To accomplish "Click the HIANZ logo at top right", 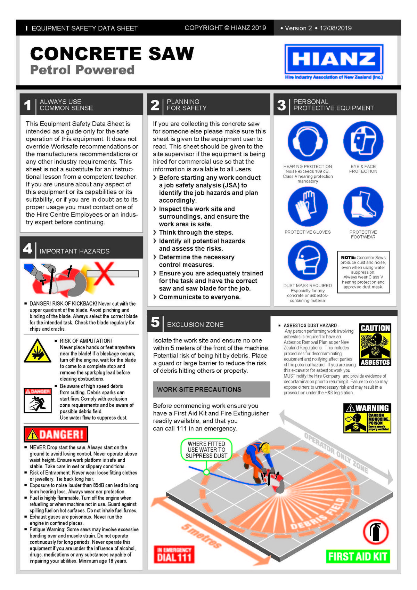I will [334, 59].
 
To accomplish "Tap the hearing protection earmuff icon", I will [308, 142].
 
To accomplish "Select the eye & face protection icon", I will [363, 142].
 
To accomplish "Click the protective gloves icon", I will [308, 207].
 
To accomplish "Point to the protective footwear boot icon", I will [363, 207].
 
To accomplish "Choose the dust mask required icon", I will [308, 260].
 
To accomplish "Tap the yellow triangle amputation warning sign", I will [38, 351].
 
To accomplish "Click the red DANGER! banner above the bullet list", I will [56, 434].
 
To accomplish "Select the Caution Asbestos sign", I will [375, 345].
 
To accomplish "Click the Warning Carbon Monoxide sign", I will [367, 418].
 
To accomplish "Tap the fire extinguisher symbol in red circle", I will [376, 532].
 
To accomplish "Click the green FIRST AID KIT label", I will [358, 557].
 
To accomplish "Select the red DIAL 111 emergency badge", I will [174, 554].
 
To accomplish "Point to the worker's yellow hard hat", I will [265, 447].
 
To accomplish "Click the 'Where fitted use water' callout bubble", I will [206, 450].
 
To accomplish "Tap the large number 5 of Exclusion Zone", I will [155, 322].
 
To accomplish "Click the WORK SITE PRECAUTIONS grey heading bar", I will [211, 389].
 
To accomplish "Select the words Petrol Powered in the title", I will [82, 70].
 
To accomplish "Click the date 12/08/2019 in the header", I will [336, 28].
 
